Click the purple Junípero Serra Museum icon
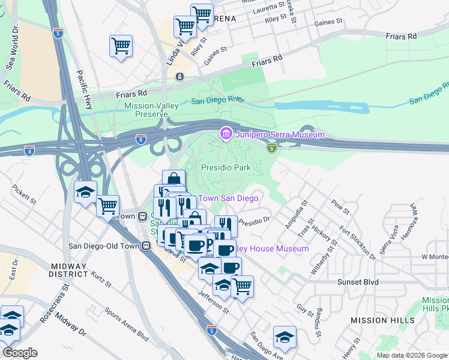(x=226, y=134)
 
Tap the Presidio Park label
(x=225, y=168)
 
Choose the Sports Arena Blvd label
(x=125, y=325)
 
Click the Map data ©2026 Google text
(x=412, y=355)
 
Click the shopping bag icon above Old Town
(x=173, y=179)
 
